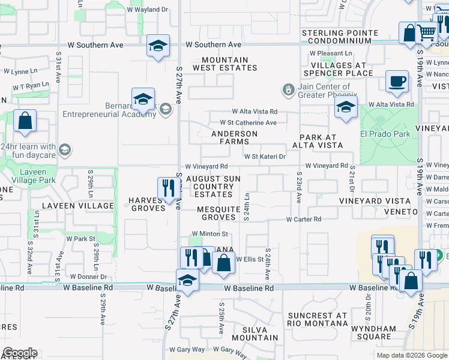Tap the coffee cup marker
pyautogui.click(x=397, y=82)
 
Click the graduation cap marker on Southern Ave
pyautogui.click(x=158, y=46)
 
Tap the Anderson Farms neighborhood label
pyautogui.click(x=234, y=137)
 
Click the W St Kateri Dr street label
pyautogui.click(x=265, y=156)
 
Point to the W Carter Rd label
pyautogui.click(x=304, y=219)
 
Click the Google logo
pyautogui.click(x=20, y=353)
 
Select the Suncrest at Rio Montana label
pyautogui.click(x=318, y=319)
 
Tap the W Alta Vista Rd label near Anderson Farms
pyautogui.click(x=255, y=112)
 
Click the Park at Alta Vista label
pyautogui.click(x=318, y=141)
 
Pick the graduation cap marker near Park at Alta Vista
pyautogui.click(x=345, y=108)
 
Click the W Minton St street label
pyautogui.click(x=210, y=233)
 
